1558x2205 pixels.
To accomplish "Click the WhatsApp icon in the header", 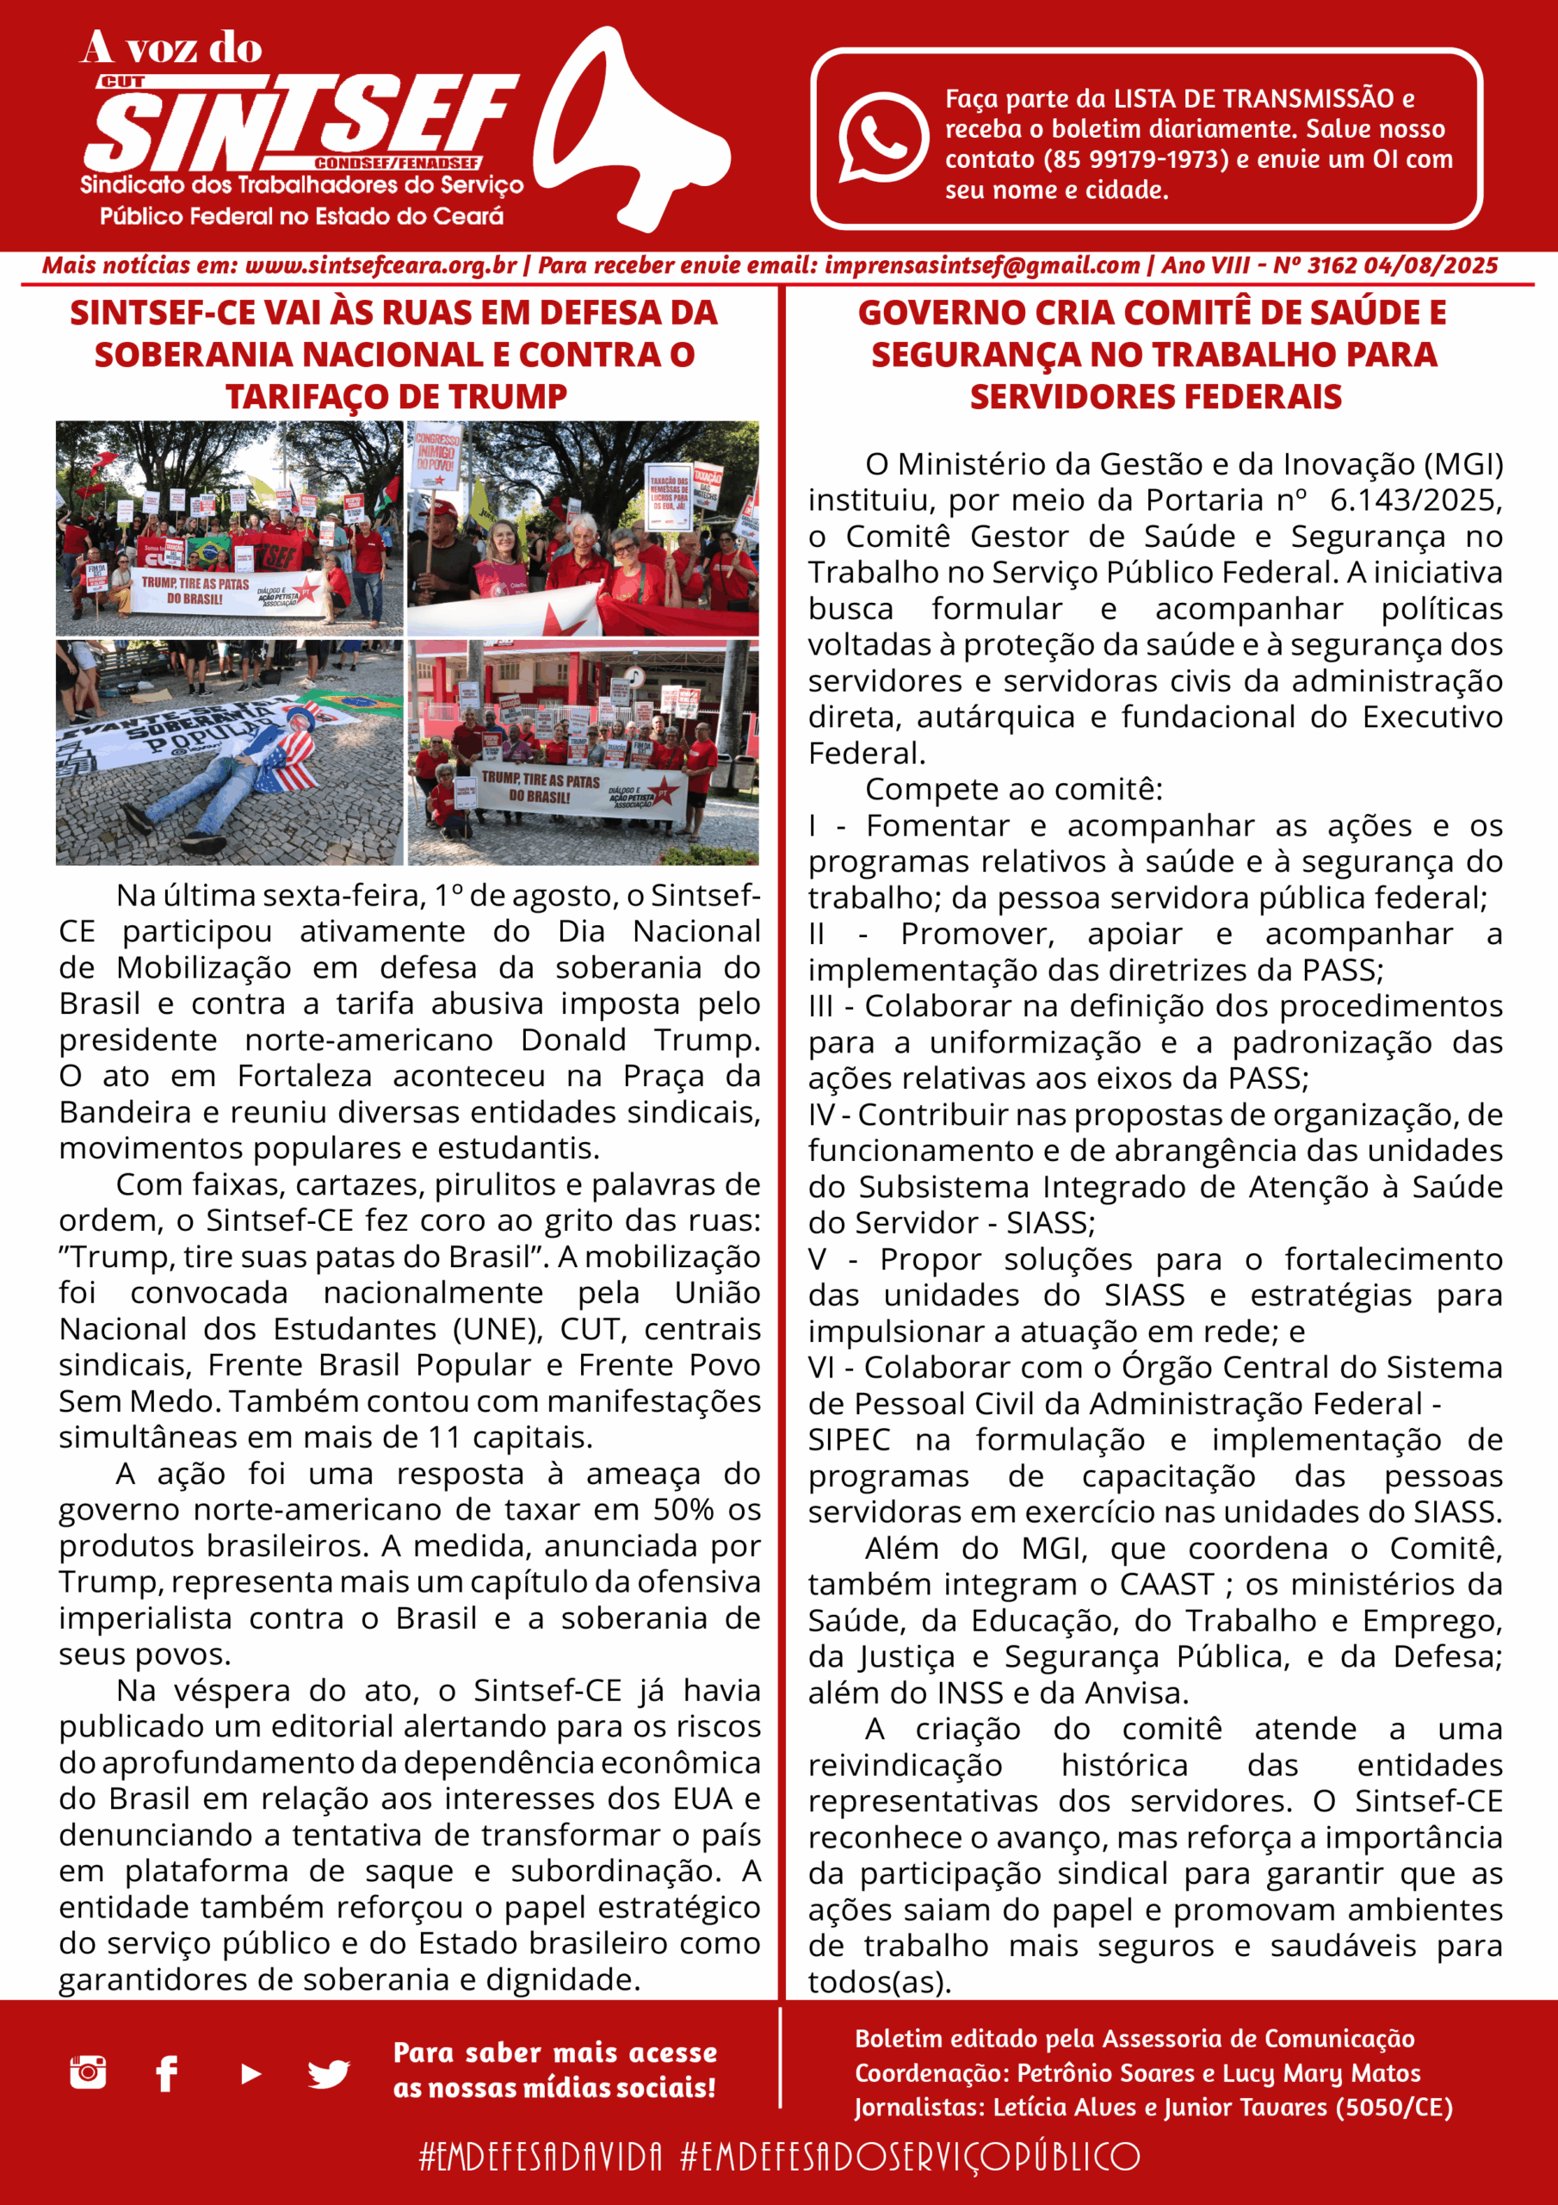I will pos(881,136).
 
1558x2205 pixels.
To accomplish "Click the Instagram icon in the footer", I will pos(89,2072).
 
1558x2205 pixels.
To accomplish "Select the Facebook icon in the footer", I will pos(167,2073).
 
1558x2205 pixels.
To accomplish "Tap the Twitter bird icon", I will pos(328,2074).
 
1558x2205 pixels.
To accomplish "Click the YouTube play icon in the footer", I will pos(250,2074).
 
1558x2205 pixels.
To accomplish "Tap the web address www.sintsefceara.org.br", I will pos(381,266).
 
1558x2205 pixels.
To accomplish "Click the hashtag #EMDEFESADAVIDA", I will pos(541,2156).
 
